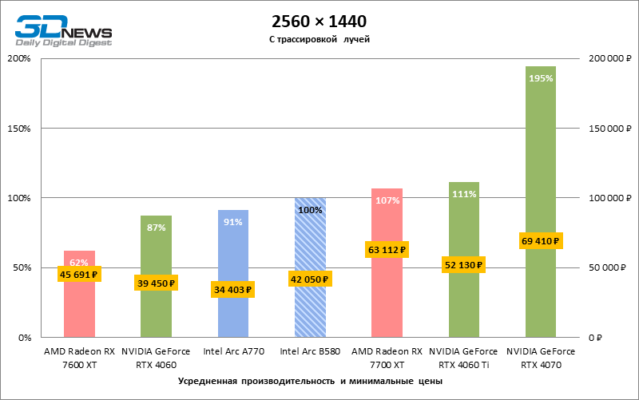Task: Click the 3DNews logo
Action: (62, 29)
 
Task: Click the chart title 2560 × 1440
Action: (319, 20)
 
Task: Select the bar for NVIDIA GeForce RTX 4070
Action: (541, 160)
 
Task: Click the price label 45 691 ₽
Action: (78, 275)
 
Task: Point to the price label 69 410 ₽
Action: (541, 240)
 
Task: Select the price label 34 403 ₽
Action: (233, 290)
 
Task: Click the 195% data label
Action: (541, 78)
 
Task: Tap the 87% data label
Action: (157, 228)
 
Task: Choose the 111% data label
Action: (464, 194)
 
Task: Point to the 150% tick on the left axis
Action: (19, 129)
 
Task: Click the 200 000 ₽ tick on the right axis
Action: (609, 59)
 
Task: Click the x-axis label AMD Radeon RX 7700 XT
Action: (387, 357)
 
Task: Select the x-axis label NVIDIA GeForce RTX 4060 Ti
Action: (464, 357)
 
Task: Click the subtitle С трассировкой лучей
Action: (319, 38)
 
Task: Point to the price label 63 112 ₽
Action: (387, 250)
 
